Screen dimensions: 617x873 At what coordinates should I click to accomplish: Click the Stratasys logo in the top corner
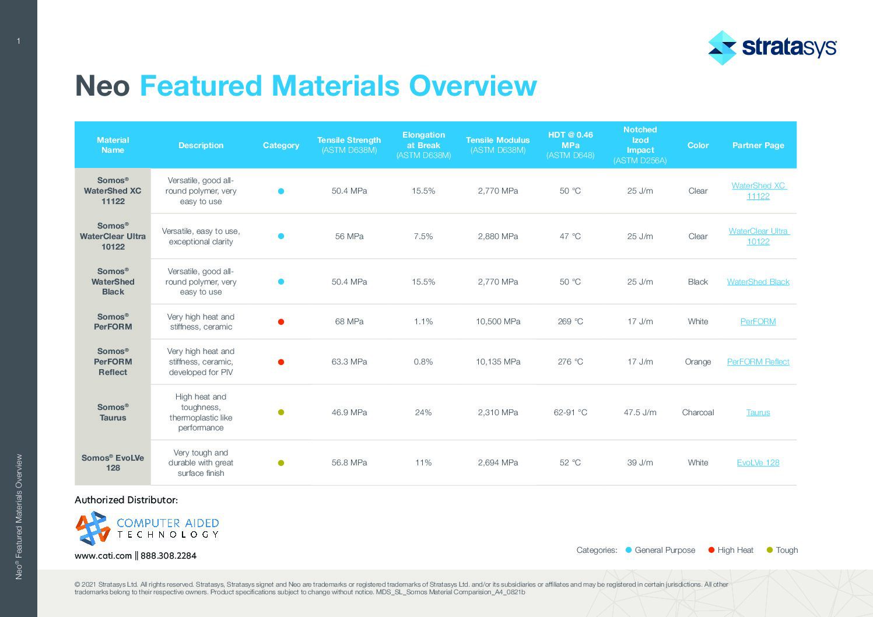click(772, 47)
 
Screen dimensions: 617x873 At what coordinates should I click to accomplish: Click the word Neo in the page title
click(102, 86)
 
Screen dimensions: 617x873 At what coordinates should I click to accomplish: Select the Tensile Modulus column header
click(497, 145)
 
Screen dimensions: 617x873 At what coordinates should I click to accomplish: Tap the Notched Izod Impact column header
click(640, 145)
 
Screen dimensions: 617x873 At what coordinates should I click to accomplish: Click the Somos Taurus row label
click(113, 412)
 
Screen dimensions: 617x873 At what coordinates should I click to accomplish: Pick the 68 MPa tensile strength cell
click(349, 321)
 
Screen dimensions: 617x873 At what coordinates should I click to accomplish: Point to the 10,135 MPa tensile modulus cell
click(497, 362)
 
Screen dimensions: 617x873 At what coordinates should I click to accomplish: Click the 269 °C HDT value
click(570, 321)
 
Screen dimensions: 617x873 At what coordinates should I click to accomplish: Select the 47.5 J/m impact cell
click(640, 412)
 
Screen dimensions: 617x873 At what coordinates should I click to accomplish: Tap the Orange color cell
click(697, 362)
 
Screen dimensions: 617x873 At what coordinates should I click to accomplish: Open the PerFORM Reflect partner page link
click(758, 362)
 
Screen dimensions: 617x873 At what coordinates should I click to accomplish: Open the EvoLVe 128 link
click(758, 462)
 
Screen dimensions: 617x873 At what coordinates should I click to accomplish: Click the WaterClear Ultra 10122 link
click(758, 236)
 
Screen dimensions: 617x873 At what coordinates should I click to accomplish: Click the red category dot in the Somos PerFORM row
click(281, 322)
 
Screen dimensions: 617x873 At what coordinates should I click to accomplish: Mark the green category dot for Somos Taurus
click(281, 412)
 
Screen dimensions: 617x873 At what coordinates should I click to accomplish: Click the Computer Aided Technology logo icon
click(93, 528)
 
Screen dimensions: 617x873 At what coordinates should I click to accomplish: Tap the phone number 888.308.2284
click(169, 556)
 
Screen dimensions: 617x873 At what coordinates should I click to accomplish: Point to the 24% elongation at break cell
click(423, 412)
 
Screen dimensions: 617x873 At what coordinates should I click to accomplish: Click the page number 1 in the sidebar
click(19, 41)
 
